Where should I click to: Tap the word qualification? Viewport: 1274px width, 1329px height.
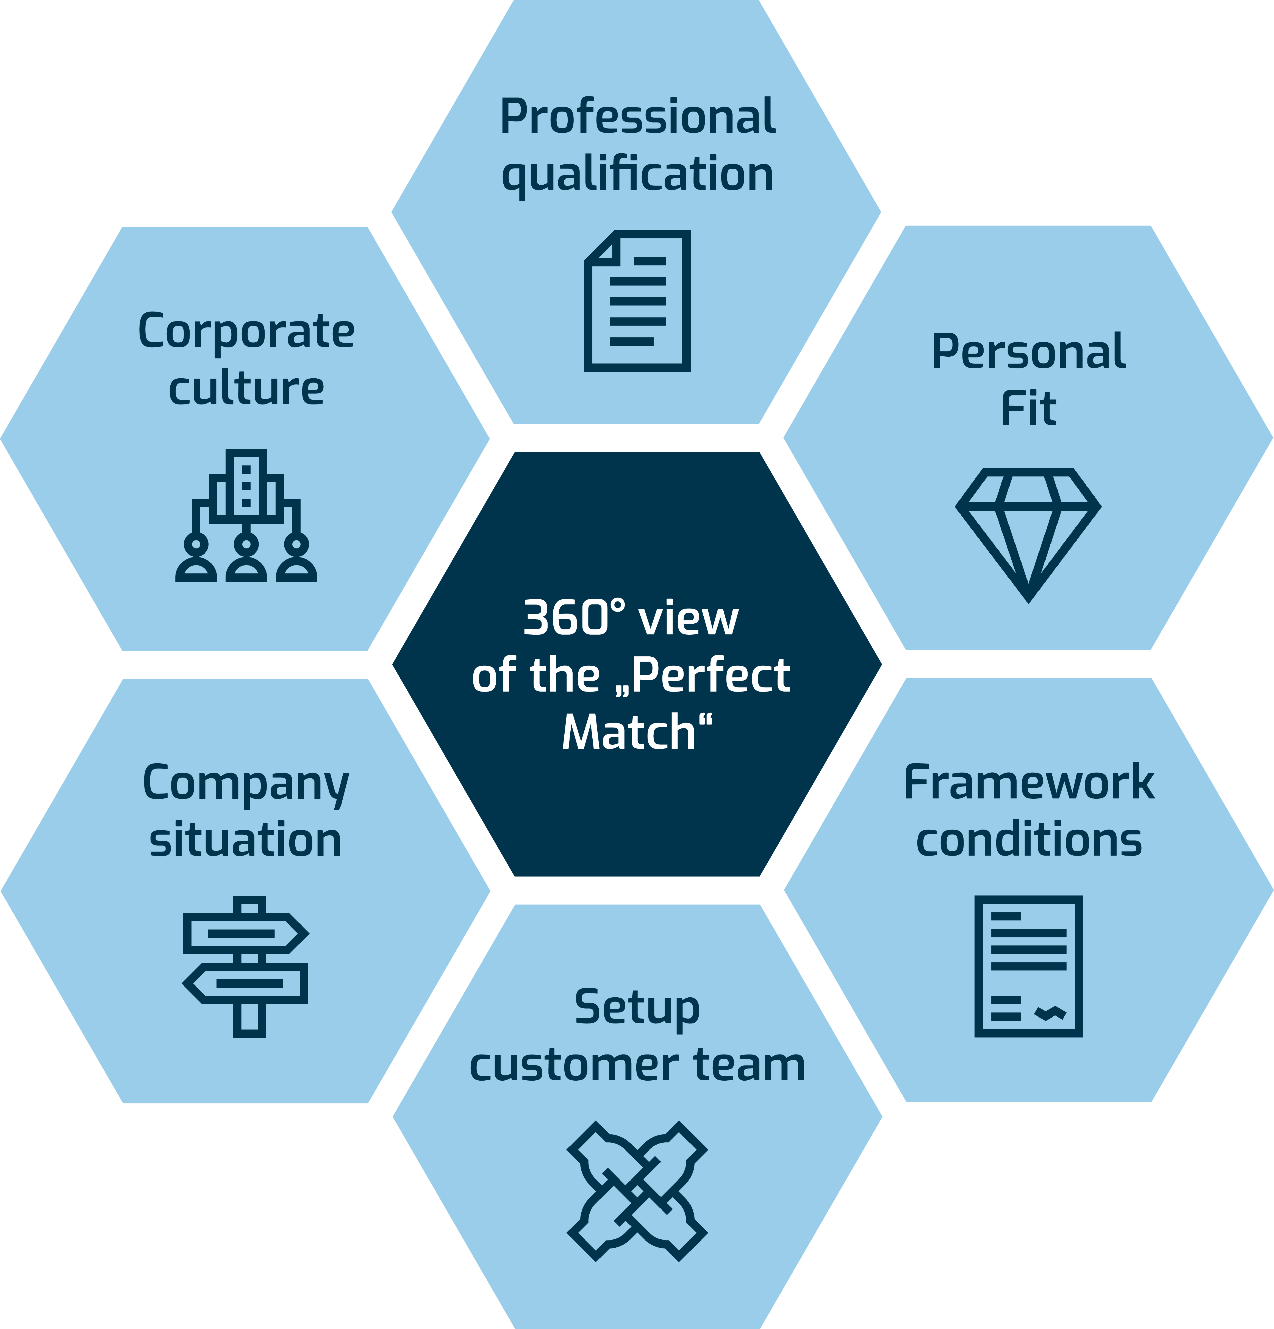coord(637,174)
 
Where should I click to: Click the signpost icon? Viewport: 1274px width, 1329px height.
coord(246,966)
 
